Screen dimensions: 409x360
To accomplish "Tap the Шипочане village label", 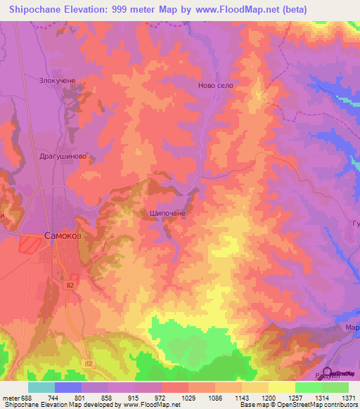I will [x=167, y=212].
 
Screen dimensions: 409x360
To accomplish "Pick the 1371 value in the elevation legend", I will [x=348, y=398].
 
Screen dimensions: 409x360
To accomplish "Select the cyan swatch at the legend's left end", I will [x=41, y=387].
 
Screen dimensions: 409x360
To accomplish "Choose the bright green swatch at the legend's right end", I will [x=335, y=387].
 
